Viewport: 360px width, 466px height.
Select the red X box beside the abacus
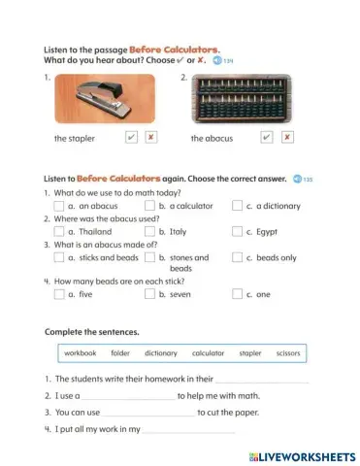pyautogui.click(x=287, y=138)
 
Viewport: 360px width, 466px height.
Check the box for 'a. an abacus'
pyautogui.click(x=59, y=206)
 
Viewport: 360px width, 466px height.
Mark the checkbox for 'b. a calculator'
pyautogui.click(x=149, y=206)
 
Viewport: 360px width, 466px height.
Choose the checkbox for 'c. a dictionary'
pyautogui.click(x=237, y=206)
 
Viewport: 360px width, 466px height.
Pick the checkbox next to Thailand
pyautogui.click(x=59, y=232)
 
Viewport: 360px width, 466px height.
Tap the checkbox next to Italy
pyautogui.click(x=149, y=232)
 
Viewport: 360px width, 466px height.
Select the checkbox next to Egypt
pyautogui.click(x=237, y=232)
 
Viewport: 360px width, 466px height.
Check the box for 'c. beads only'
pyautogui.click(x=237, y=258)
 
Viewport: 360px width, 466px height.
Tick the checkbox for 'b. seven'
pyautogui.click(x=149, y=294)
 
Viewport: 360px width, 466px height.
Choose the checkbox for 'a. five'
pyautogui.click(x=59, y=294)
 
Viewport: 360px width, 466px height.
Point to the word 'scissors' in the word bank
pyautogui.click(x=288, y=353)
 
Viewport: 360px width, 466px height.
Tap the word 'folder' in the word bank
pyautogui.click(x=120, y=353)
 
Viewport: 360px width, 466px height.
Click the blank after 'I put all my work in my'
pyautogui.click(x=189, y=429)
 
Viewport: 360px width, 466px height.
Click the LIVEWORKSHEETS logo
pyautogui.click(x=303, y=455)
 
